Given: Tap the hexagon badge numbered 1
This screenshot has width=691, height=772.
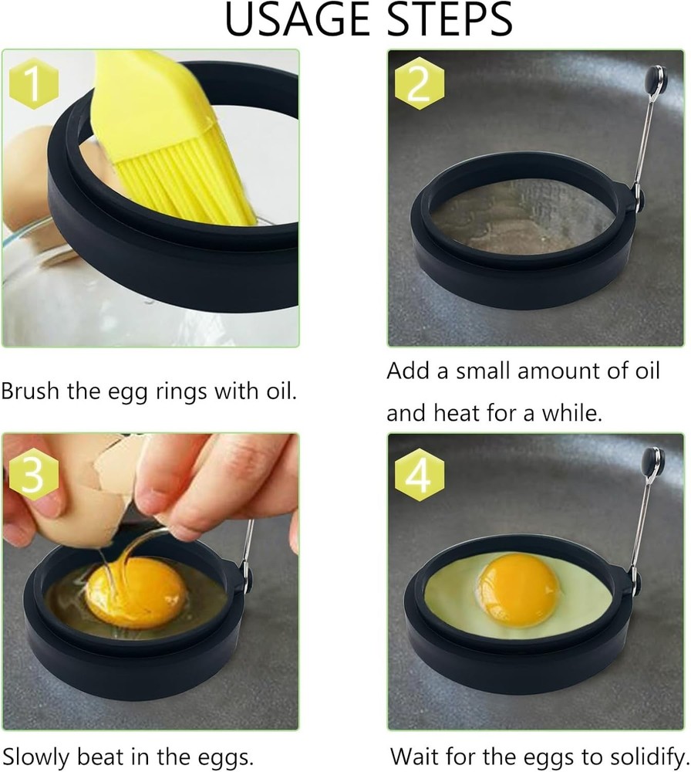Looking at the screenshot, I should coord(32,86).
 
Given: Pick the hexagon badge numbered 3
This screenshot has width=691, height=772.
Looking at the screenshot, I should coord(32,476).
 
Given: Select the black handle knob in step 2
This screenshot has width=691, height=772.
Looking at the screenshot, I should coord(655,77).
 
